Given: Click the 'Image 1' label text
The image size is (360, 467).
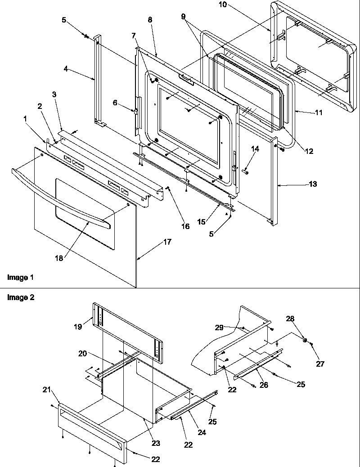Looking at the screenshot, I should click(20, 278).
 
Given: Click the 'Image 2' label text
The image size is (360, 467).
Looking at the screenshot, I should click(20, 297).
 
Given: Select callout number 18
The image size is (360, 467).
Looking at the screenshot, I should click(59, 258).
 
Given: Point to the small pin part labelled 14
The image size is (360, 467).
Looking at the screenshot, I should click(246, 171).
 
